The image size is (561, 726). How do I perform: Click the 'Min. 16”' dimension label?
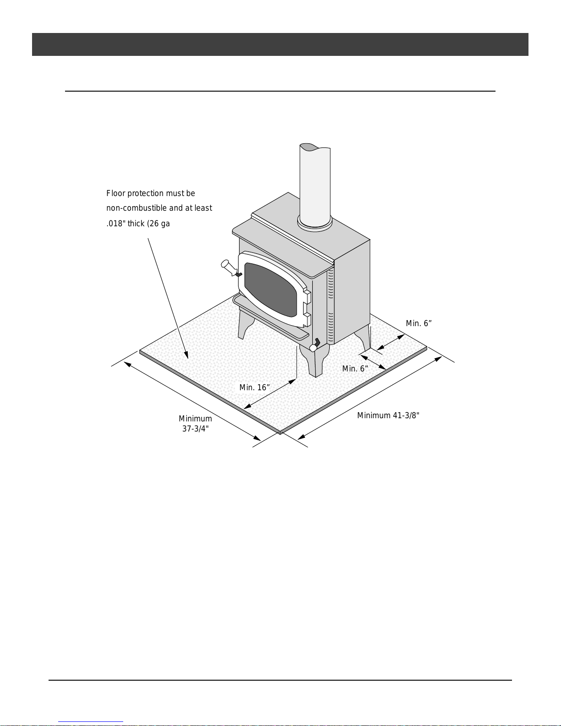tap(255, 388)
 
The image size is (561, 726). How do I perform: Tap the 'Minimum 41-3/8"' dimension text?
tap(388, 415)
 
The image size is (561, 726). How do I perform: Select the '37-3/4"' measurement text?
tap(196, 429)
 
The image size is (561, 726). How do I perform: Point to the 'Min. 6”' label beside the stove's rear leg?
tap(419, 323)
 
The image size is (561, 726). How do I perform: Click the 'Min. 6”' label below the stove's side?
tap(355, 369)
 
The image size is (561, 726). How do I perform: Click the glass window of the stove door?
tap(271, 289)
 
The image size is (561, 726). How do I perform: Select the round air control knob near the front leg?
tap(313, 348)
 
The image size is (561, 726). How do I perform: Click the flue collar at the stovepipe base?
tap(315, 223)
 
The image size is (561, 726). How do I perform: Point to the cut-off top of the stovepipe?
tap(315, 147)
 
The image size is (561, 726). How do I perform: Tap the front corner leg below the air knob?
tap(315, 361)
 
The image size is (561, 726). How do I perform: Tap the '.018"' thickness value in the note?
tap(116, 223)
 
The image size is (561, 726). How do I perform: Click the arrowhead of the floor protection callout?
tap(186, 355)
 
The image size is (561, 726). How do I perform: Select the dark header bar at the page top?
tap(280, 44)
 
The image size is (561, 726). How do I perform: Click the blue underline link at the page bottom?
tap(91, 722)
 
